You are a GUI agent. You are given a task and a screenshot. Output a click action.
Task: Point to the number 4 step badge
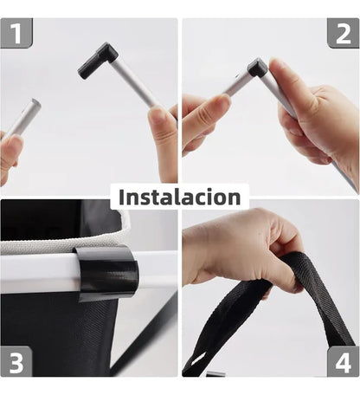tap(343, 360)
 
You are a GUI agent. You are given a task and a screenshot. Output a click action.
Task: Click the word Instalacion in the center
tap(179, 197)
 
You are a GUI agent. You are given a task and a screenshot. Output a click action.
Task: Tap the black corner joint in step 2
tap(257, 68)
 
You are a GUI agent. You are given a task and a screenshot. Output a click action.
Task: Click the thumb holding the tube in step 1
tap(162, 130)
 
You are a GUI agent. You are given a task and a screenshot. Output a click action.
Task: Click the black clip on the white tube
tap(107, 272)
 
